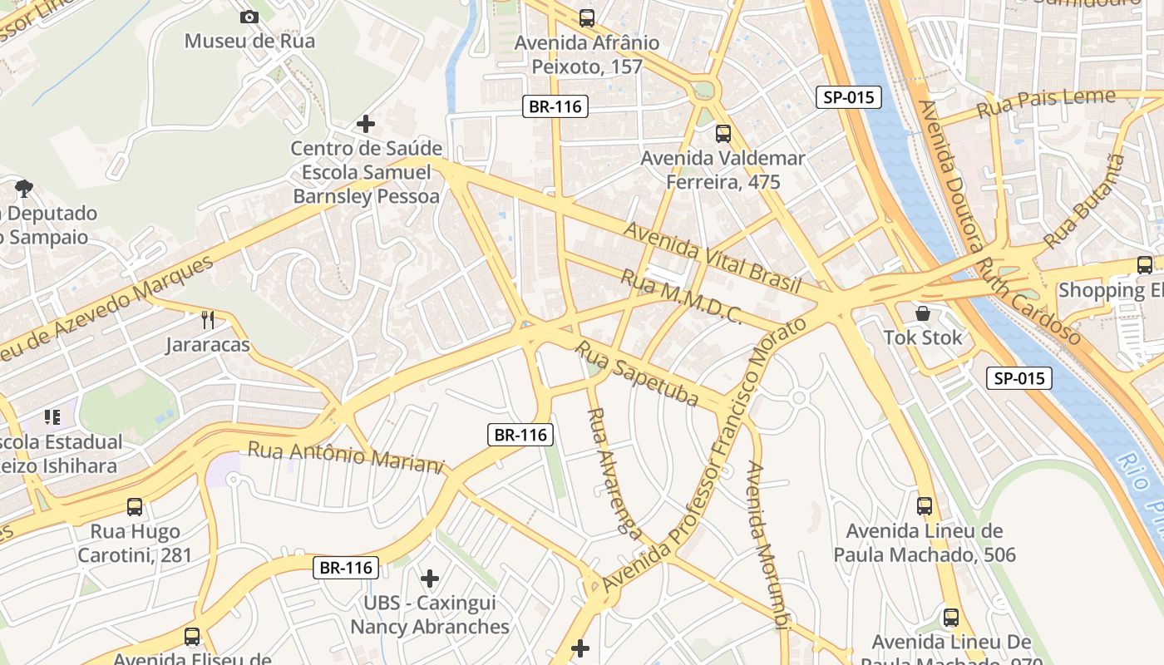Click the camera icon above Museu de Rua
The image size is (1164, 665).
(249, 17)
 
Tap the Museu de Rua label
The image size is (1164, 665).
(249, 41)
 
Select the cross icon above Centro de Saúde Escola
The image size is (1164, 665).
(365, 125)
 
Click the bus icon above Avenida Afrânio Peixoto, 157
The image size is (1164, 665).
(587, 17)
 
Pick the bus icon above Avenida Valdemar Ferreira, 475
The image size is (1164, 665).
(723, 133)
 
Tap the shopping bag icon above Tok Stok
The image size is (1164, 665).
(923, 313)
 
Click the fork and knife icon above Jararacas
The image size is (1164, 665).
(208, 319)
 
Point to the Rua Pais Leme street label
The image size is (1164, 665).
(1046, 103)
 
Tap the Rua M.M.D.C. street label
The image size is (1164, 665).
(682, 298)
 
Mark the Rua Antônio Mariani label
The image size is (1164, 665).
(346, 457)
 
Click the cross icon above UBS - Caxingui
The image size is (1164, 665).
(430, 579)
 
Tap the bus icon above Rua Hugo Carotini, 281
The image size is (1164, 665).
(135, 506)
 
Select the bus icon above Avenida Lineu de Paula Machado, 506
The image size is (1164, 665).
(925, 505)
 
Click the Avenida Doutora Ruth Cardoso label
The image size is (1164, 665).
(999, 223)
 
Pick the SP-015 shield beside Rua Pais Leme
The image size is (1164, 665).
(849, 97)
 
